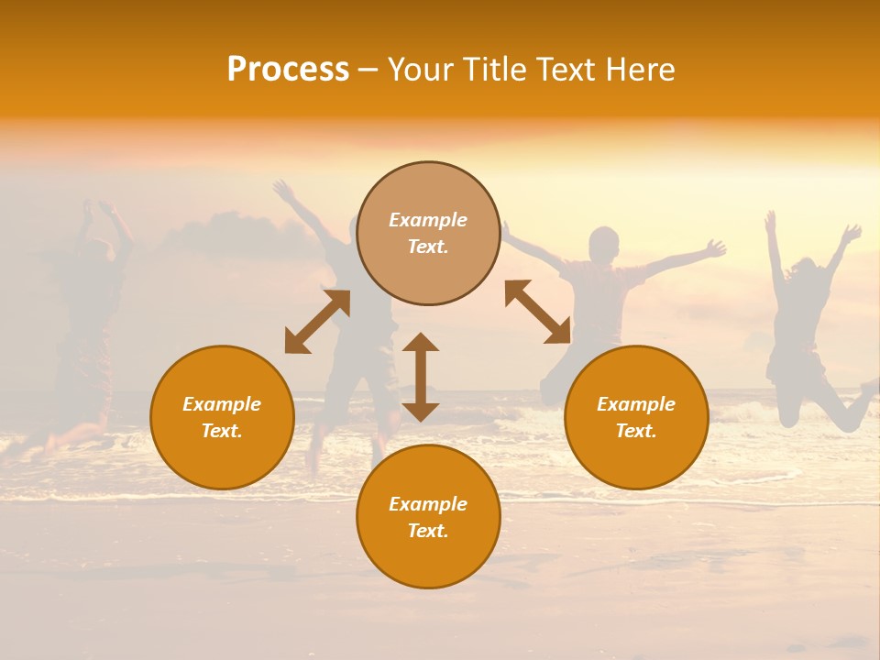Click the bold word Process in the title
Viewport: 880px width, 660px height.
(288, 70)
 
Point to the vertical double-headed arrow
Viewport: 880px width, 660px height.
(421, 377)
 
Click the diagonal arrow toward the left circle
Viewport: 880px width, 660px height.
(317, 322)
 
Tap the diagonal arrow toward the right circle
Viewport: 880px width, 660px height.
(538, 312)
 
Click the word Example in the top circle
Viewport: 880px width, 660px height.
(428, 220)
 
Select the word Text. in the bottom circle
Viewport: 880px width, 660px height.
(428, 531)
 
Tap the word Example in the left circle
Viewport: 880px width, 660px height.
(222, 404)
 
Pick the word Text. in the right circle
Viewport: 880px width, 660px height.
(636, 431)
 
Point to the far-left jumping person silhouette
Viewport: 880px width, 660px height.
(87, 321)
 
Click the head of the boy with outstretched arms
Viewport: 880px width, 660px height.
(603, 244)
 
